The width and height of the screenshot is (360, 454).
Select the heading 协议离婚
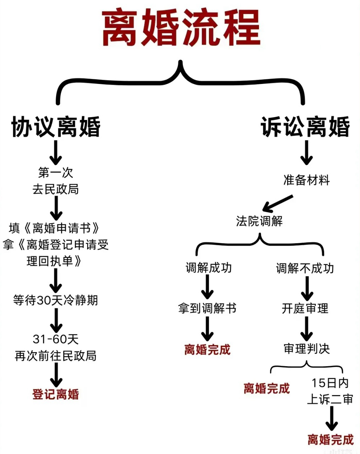pyautogui.click(x=56, y=127)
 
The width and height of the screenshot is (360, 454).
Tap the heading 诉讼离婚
pyautogui.click(x=305, y=127)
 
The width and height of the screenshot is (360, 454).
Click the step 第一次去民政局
pyautogui.click(x=56, y=181)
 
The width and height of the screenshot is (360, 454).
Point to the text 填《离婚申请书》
pyautogui.click(x=54, y=228)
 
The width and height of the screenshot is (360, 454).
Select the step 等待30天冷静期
pyautogui.click(x=56, y=300)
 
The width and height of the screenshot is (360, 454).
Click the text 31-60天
pyautogui.click(x=56, y=339)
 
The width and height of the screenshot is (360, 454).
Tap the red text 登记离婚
pyautogui.click(x=56, y=394)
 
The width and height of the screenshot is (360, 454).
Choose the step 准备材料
pyautogui.click(x=306, y=180)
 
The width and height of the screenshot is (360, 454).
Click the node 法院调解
pyautogui.click(x=259, y=221)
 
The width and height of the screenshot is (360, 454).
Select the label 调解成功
pyautogui.click(x=209, y=268)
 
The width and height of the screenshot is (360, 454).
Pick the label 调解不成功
pyautogui.click(x=305, y=268)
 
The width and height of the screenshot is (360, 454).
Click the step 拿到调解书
pyautogui.click(x=207, y=308)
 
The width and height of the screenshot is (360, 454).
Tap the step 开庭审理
pyautogui.click(x=305, y=308)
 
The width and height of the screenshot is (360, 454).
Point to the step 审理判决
pyautogui.click(x=306, y=349)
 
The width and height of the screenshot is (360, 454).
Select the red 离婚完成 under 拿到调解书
pyautogui.click(x=207, y=350)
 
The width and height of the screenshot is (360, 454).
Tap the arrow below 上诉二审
pyautogui.click(x=331, y=418)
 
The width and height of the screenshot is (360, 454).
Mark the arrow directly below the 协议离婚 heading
pyautogui.click(x=56, y=153)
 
